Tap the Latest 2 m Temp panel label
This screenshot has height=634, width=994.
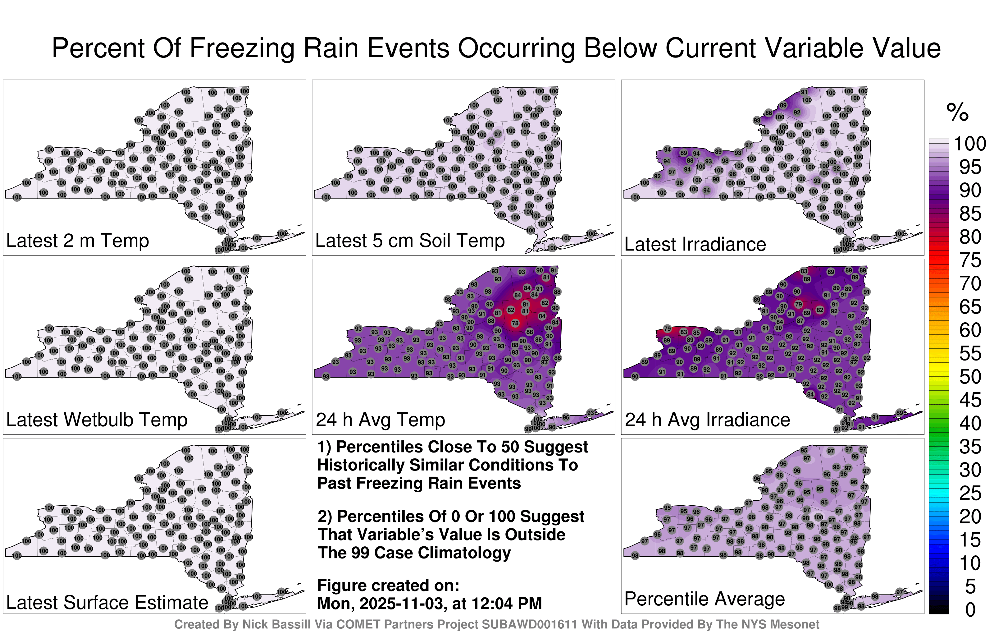(78, 240)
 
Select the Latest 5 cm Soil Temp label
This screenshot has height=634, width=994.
(410, 240)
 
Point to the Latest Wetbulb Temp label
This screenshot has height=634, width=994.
(97, 420)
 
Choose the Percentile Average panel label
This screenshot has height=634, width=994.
(704, 599)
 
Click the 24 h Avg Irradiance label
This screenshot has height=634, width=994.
(707, 420)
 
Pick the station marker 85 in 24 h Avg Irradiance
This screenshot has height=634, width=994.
(696, 333)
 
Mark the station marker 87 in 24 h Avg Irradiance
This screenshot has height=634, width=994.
(800, 320)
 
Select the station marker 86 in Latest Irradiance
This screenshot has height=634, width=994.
(768, 113)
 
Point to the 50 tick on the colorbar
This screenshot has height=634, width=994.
(970, 377)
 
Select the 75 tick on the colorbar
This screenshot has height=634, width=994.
(970, 260)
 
